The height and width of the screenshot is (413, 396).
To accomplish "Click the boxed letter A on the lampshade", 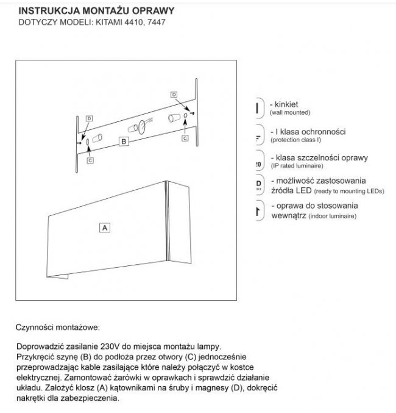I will coord(104,227).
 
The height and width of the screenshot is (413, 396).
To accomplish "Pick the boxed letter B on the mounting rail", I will coord(124,142).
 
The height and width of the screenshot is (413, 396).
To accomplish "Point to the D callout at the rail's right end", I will coord(174,95).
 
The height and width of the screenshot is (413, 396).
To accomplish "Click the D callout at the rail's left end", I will coord(89,118).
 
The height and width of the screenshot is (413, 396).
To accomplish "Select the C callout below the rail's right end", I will coord(184,138).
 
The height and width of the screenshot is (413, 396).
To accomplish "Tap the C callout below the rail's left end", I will coord(90,160).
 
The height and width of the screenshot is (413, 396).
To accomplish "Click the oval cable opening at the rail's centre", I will coord(141,127).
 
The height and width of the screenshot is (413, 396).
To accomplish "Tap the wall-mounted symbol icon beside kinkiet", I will coord(258,108).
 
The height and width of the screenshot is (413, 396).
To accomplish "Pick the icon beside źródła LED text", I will coord(258,185).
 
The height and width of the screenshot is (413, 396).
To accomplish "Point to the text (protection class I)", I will coord(295,139).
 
